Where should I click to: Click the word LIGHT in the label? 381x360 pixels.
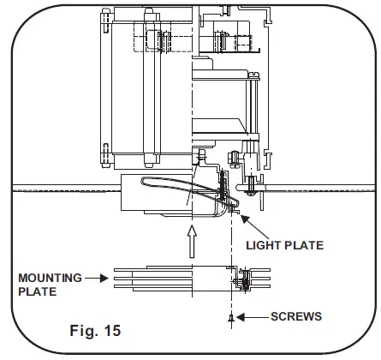point(264,245)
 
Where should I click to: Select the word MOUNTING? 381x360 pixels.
point(52,279)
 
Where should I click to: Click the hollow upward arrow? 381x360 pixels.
point(191,242)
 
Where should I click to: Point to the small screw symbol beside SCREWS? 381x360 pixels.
point(232,317)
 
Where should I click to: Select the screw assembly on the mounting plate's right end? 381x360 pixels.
point(243,279)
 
